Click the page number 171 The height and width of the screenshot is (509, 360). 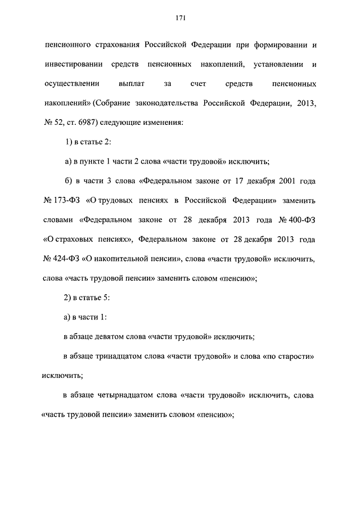[180, 19]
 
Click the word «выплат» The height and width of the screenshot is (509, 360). [132, 84]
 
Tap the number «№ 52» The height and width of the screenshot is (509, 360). [55, 123]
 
